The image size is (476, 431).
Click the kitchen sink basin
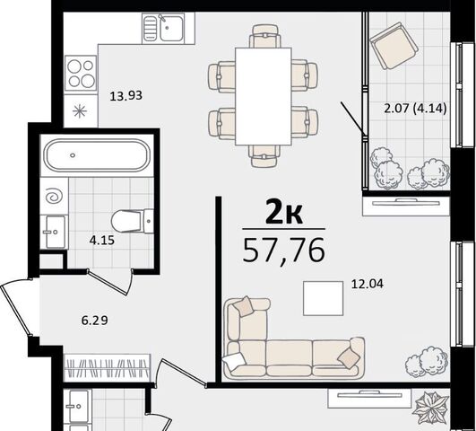[172, 28]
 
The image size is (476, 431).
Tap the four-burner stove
[81, 73]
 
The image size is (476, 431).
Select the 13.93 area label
[126, 96]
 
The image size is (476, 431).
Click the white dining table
[264, 96]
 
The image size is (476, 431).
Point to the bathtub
[97, 155]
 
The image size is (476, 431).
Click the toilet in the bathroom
[133, 221]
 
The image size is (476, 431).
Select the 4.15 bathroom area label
[101, 241]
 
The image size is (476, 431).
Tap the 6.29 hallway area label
[95, 321]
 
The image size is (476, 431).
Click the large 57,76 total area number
[284, 251]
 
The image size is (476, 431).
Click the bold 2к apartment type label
[284, 213]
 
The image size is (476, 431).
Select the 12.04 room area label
[368, 284]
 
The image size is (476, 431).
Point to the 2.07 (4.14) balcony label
[415, 109]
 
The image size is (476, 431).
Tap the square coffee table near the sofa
[324, 298]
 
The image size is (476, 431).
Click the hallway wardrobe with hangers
[108, 367]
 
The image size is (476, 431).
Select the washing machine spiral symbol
[54, 197]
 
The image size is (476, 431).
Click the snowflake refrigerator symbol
[80, 111]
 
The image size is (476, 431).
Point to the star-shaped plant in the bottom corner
[432, 407]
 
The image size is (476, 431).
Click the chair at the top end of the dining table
[264, 36]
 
